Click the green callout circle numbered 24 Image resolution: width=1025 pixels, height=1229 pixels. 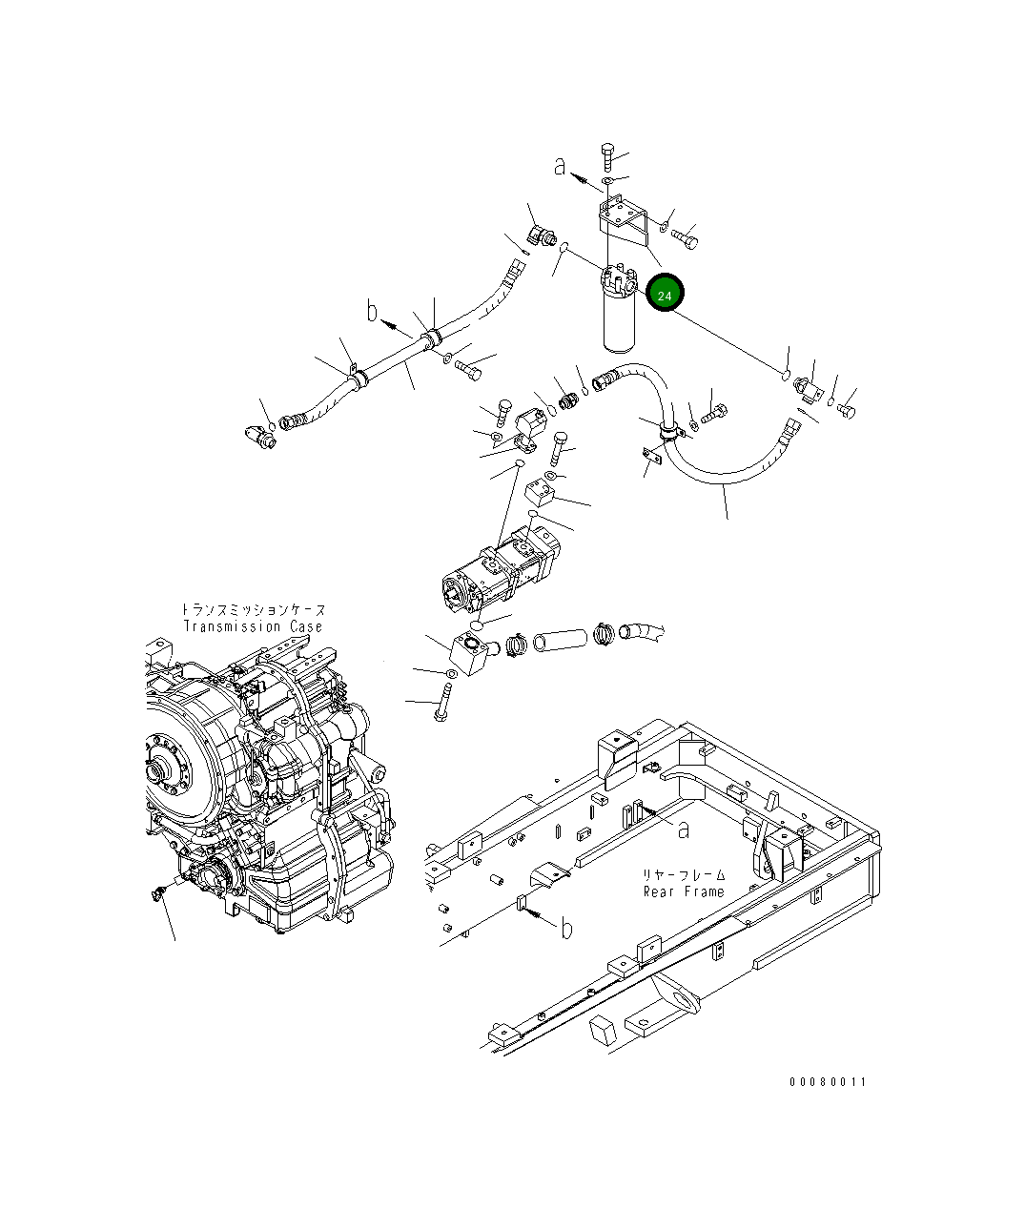point(665,295)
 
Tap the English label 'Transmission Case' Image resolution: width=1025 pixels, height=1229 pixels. point(253,626)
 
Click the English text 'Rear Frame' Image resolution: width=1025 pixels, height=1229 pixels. point(684,891)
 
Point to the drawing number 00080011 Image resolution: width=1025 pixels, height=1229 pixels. point(828,1081)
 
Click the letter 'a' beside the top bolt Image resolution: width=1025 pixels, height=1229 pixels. point(561,167)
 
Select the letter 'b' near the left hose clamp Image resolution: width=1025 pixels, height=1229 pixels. point(373,311)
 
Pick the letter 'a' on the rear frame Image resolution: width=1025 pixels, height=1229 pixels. point(683,830)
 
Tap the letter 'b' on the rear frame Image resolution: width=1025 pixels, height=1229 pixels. point(565,928)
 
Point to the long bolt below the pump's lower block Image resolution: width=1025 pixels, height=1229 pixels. point(441,703)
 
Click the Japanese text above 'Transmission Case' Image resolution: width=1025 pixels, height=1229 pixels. point(253,609)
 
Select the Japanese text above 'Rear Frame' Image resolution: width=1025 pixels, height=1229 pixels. point(684,874)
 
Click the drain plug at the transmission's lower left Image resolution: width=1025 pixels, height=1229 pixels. point(159,892)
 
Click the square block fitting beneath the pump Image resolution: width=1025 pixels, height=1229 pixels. point(470,654)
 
